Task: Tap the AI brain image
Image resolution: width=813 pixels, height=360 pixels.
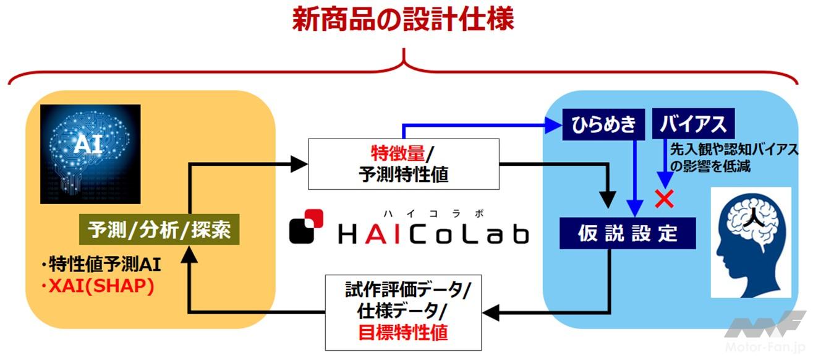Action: (x=90, y=154)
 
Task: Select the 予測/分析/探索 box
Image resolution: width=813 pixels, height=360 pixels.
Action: (x=160, y=231)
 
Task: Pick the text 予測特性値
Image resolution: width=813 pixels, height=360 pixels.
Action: (x=403, y=174)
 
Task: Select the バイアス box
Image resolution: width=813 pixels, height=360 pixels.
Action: (x=693, y=125)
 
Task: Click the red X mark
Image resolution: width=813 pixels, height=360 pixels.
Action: (x=665, y=199)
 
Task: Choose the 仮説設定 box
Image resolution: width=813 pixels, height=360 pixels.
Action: (x=628, y=233)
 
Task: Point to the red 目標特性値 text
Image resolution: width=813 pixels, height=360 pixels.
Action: (x=403, y=333)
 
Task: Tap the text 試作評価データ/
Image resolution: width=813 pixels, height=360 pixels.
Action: (x=408, y=288)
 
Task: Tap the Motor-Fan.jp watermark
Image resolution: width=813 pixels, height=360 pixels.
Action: (x=766, y=334)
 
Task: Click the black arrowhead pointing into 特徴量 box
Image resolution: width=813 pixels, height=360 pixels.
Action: (x=299, y=164)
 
